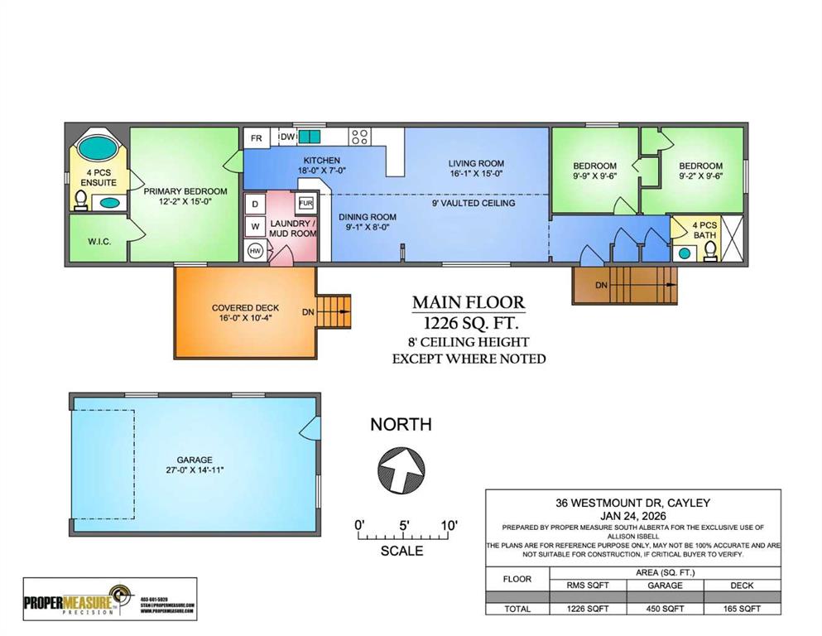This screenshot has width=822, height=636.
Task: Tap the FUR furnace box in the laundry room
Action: [305, 203]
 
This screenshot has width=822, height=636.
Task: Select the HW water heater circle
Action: [256, 251]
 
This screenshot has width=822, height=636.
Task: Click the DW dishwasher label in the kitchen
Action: [287, 137]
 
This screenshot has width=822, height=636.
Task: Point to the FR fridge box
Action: [257, 138]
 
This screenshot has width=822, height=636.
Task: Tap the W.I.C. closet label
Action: [99, 242]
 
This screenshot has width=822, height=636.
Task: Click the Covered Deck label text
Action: [244, 309]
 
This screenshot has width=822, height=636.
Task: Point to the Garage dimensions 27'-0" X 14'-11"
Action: [195, 470]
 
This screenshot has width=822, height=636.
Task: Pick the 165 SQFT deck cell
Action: [742, 609]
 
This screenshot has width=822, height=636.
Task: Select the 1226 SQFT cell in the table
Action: [588, 609]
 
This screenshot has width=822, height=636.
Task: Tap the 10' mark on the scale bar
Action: [449, 525]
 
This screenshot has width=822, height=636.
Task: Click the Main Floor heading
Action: [469, 302]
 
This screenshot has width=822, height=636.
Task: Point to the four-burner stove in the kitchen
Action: [358, 137]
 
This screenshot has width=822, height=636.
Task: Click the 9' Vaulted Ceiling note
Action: [473, 203]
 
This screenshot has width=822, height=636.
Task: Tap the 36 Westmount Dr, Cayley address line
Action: [632, 503]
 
